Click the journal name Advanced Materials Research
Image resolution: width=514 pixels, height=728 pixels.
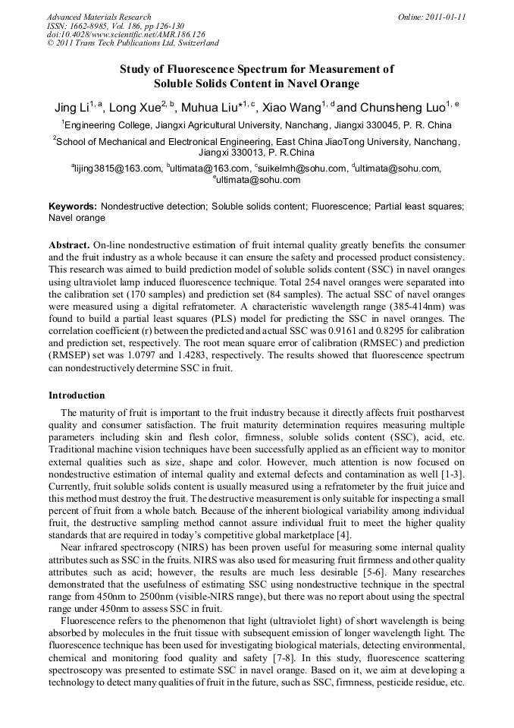point(99,17)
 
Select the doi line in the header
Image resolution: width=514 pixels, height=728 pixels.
point(126,34)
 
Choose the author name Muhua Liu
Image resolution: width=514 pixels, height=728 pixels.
point(208,108)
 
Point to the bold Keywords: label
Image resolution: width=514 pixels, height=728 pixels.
point(73,206)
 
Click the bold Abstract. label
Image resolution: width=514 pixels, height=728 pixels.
point(68,247)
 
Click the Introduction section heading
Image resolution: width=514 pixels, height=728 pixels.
point(77,396)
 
